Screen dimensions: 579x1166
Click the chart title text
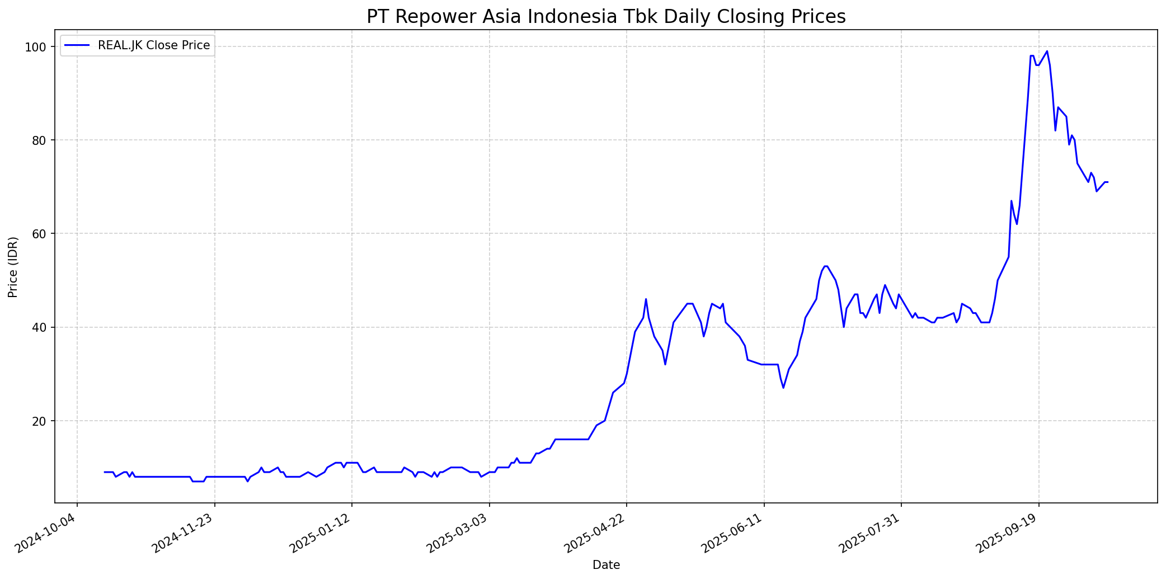tap(606, 17)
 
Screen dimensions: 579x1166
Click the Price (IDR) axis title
tap(13, 267)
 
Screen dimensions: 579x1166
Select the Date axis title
tap(606, 565)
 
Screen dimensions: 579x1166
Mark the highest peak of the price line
tap(1047, 51)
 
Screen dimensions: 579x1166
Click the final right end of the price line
tap(1108, 182)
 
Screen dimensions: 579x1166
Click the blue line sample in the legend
tap(77, 45)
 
